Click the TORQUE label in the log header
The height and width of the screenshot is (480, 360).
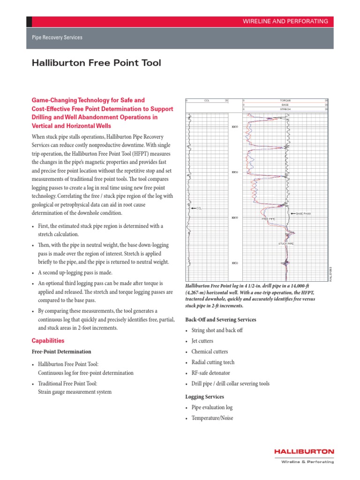(x=285, y=100)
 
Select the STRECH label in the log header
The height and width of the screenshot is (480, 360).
(x=285, y=109)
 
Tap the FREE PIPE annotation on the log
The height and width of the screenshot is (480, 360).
(x=268, y=219)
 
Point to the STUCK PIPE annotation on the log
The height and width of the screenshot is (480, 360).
(x=286, y=244)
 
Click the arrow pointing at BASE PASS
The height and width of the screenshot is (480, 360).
(x=293, y=214)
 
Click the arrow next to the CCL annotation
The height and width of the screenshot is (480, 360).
(x=193, y=208)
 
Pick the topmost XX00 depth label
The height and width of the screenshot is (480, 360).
(x=235, y=127)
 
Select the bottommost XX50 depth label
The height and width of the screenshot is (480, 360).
(x=235, y=263)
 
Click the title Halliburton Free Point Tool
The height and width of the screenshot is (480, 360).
(x=96, y=63)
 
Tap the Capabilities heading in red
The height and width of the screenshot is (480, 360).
(x=48, y=341)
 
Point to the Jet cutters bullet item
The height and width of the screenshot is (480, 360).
(x=203, y=341)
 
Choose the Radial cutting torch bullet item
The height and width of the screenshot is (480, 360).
(x=213, y=362)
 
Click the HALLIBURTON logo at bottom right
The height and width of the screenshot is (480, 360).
(x=304, y=451)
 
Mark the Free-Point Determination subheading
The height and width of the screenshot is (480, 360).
(x=61, y=352)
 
